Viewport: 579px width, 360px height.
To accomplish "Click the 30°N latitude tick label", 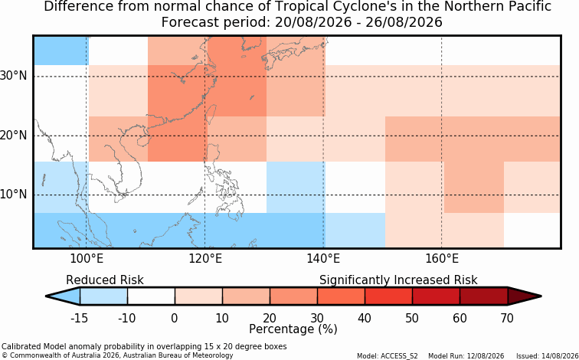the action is (x=14, y=77).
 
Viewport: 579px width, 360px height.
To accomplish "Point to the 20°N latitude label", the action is (x=14, y=136).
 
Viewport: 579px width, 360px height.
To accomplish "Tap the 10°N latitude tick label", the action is (x=14, y=195).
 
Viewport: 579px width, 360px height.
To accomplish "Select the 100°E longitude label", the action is (x=86, y=259).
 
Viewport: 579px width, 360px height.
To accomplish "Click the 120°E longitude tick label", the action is (x=205, y=259).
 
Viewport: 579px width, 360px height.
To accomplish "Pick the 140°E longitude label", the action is (x=323, y=259).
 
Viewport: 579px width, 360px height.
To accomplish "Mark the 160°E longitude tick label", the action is (x=442, y=259).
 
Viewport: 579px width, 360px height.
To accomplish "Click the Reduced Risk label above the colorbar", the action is (x=105, y=280).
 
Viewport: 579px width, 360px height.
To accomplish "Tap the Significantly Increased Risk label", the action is (x=398, y=280).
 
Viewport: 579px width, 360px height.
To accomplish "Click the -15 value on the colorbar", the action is (x=80, y=318).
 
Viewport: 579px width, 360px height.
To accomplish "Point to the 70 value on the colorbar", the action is (x=507, y=318).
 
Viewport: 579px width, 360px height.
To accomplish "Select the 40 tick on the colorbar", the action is (x=365, y=318).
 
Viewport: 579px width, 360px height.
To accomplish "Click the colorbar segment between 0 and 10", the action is (x=198, y=296).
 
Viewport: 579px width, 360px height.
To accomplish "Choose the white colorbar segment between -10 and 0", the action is (x=151, y=296).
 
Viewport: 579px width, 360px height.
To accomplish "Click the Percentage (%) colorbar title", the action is (x=293, y=329).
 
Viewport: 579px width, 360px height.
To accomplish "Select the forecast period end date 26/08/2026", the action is (x=404, y=22).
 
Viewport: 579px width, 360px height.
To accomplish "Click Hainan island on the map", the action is (x=143, y=141).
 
